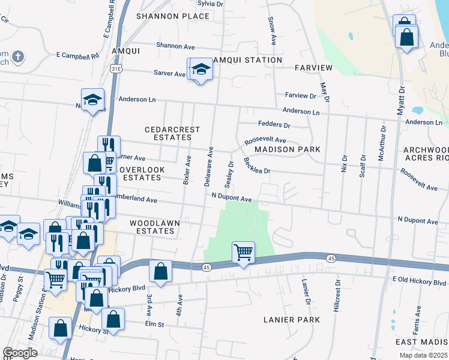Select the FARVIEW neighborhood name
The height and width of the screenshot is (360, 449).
click(313, 67)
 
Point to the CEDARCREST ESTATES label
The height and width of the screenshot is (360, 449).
click(167, 133)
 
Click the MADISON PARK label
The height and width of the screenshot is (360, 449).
click(287, 149)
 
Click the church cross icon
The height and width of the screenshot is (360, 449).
click(18, 57)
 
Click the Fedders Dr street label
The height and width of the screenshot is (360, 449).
click(274, 125)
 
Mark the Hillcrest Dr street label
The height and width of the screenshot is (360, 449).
click(337, 295)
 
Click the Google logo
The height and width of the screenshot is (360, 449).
click(20, 353)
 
